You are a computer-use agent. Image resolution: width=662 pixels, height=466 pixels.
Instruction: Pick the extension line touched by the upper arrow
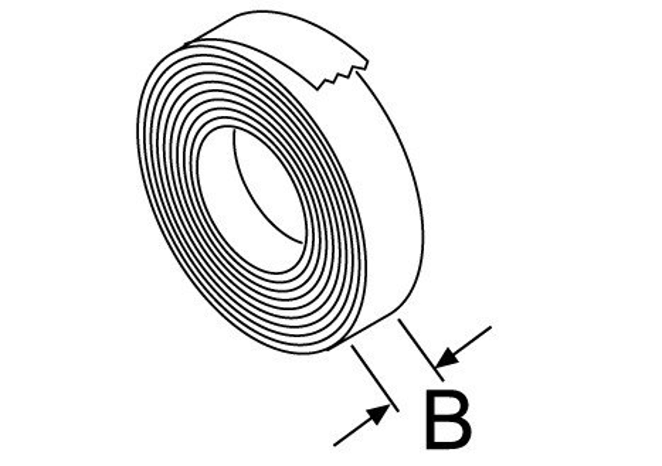tap(421, 350)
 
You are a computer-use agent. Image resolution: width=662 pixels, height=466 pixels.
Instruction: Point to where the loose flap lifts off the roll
tap(186, 45)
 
